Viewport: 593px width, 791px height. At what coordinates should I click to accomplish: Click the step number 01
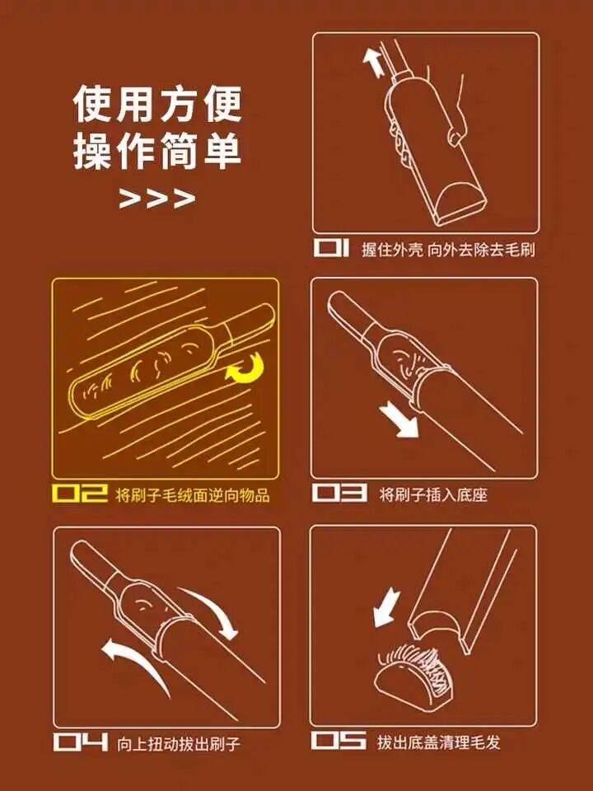[x=331, y=248]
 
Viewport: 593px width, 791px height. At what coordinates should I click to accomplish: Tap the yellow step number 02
[x=80, y=494]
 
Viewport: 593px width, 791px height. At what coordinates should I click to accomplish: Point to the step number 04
[x=81, y=742]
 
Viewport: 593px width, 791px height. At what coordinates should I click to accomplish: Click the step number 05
[x=339, y=741]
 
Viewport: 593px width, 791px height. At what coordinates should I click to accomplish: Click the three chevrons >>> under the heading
[x=156, y=199]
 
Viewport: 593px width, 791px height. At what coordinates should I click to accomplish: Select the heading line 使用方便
[x=157, y=105]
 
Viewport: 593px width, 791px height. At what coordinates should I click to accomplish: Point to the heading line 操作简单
[x=157, y=151]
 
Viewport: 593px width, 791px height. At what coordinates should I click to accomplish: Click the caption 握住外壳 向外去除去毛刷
[x=448, y=249]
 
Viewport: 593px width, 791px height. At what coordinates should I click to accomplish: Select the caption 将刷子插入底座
[x=433, y=494]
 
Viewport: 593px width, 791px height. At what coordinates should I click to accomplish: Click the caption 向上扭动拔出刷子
[x=178, y=743]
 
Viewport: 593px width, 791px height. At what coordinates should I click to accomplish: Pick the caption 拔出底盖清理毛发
[x=439, y=742]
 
